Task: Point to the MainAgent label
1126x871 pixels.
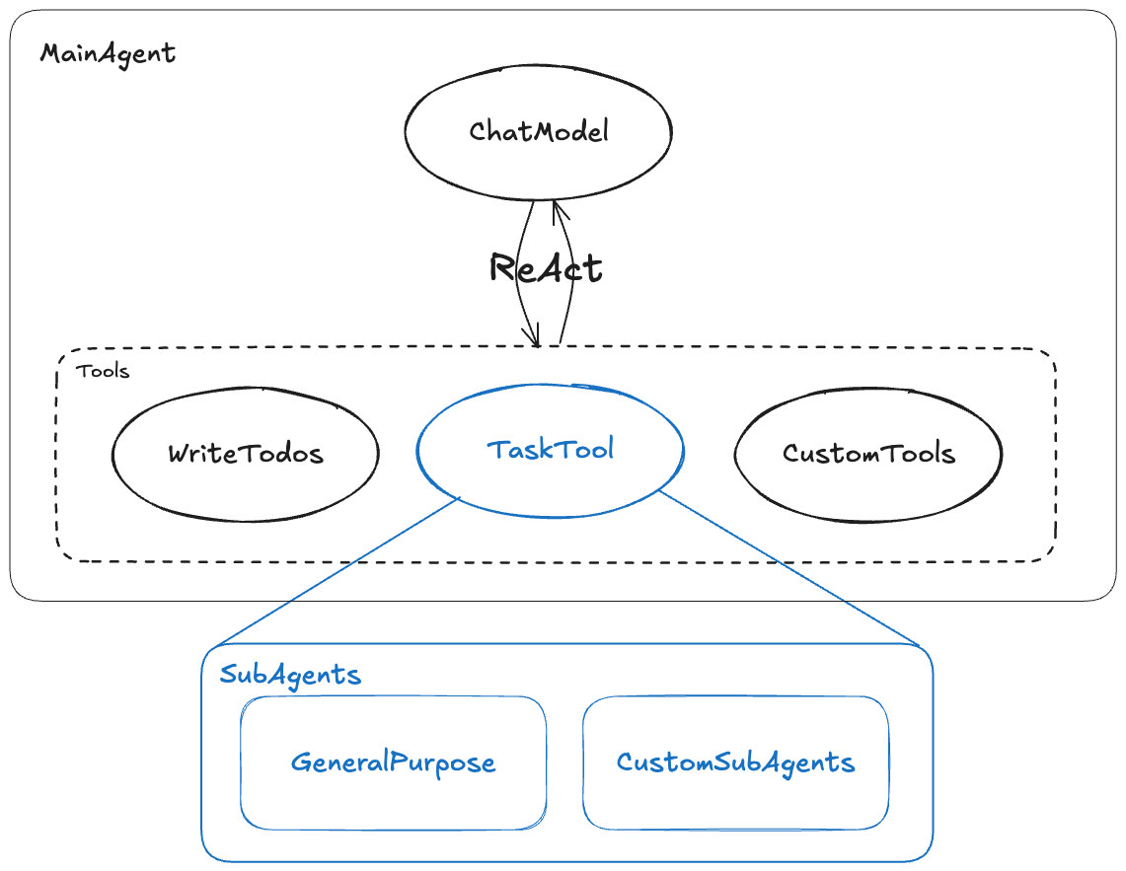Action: [108, 52]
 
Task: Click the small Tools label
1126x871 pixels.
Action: [103, 372]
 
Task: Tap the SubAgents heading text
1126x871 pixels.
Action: [290, 675]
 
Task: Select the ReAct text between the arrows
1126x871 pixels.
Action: [545, 267]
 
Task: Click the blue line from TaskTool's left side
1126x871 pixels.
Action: [336, 572]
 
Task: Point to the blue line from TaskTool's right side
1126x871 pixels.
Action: [789, 572]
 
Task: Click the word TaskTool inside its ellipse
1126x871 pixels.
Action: [551, 450]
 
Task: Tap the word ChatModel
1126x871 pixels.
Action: [539, 131]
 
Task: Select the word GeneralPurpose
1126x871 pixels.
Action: [393, 762]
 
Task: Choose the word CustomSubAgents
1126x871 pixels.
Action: [735, 762]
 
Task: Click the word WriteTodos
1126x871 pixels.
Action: [245, 454]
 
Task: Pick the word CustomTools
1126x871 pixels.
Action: [868, 454]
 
